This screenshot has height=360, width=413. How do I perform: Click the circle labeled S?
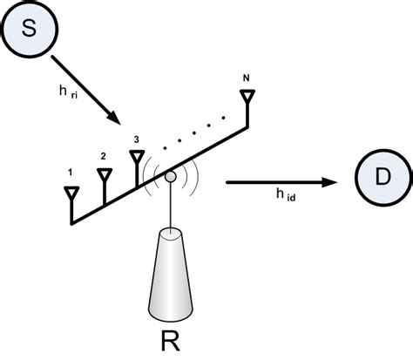click(x=27, y=30)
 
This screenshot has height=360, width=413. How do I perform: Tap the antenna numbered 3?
click(x=137, y=158)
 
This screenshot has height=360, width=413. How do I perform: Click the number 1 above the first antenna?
click(x=70, y=173)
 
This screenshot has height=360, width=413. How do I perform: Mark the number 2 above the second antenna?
click(x=103, y=155)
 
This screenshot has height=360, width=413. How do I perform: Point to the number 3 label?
click(x=136, y=138)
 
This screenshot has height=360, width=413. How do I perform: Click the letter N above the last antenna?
click(x=247, y=77)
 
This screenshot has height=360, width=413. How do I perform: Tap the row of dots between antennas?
click(x=196, y=127)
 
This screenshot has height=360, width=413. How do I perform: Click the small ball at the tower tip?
click(x=171, y=177)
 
